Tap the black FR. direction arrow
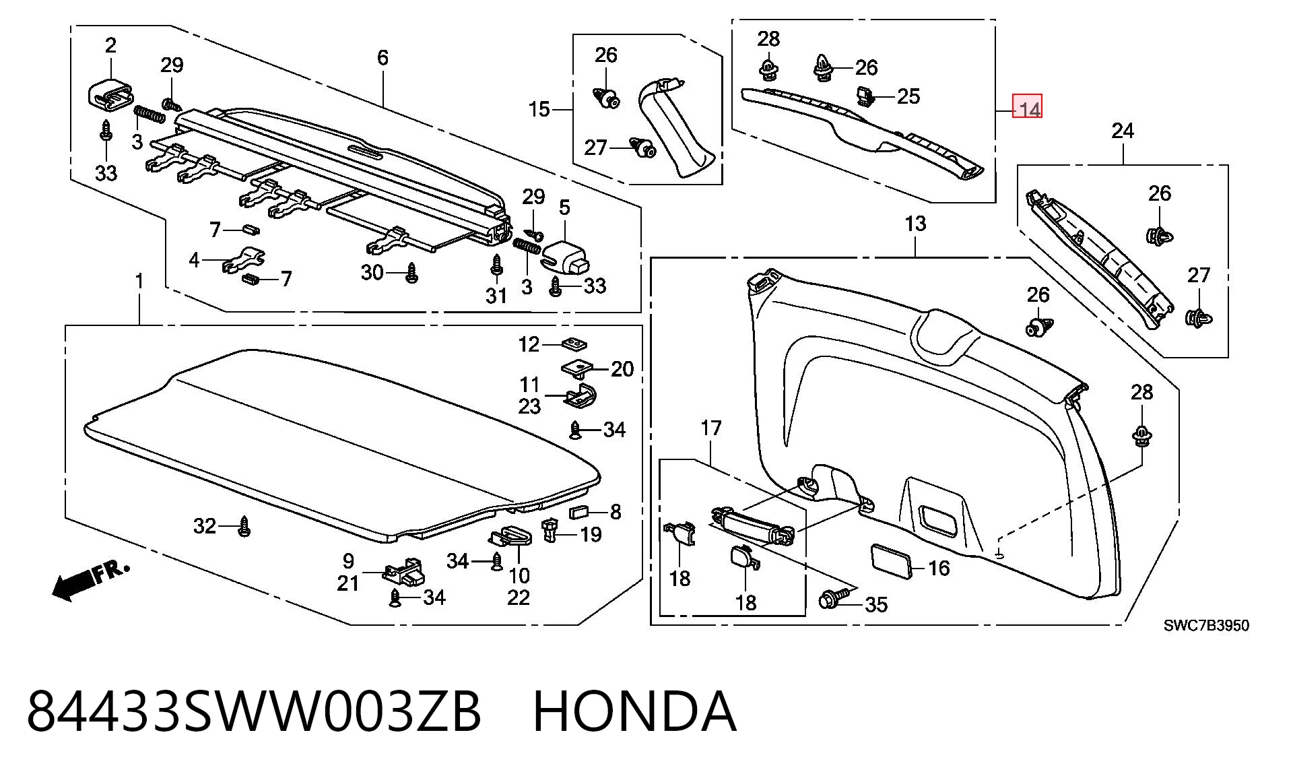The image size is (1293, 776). pos(90,581)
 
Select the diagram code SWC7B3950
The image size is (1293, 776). pos(1206,625)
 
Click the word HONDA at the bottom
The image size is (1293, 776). pos(634,711)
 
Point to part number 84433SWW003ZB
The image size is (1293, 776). pos(254,711)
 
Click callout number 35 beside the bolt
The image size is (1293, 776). pos(875,604)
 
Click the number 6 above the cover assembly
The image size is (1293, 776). pos(383,57)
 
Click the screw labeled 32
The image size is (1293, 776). pos(244,527)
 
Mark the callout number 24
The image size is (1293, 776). pos(1123,131)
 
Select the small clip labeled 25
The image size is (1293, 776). pos(865,96)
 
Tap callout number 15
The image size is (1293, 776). pos(539,109)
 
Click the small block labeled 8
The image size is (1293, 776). pos(579,512)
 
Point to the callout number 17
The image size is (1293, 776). pos(711,428)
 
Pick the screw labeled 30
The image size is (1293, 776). pos(411,273)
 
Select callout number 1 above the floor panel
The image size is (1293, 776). pos(139,281)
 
